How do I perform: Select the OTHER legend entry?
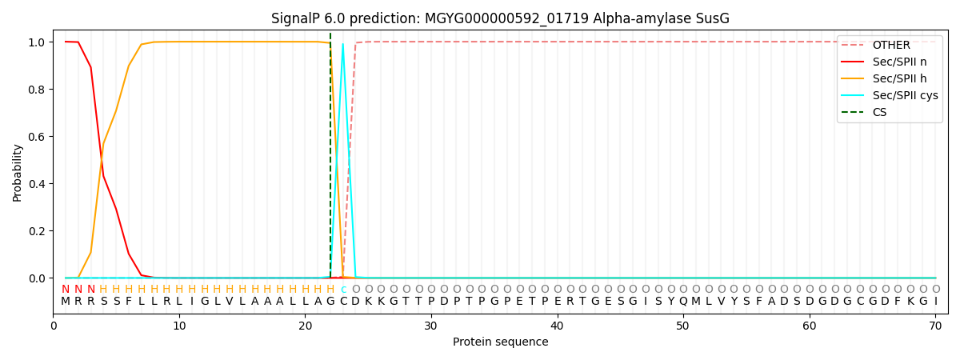[x=890, y=46]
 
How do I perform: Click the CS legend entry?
[x=879, y=113]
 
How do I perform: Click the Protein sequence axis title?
[x=500, y=342]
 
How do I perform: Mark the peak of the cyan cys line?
[x=343, y=44]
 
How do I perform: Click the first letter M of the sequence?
[x=66, y=302]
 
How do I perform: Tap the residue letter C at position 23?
[x=343, y=302]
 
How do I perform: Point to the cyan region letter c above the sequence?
[x=343, y=290]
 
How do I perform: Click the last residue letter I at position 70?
[x=935, y=302]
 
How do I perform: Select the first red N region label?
[x=66, y=290]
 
